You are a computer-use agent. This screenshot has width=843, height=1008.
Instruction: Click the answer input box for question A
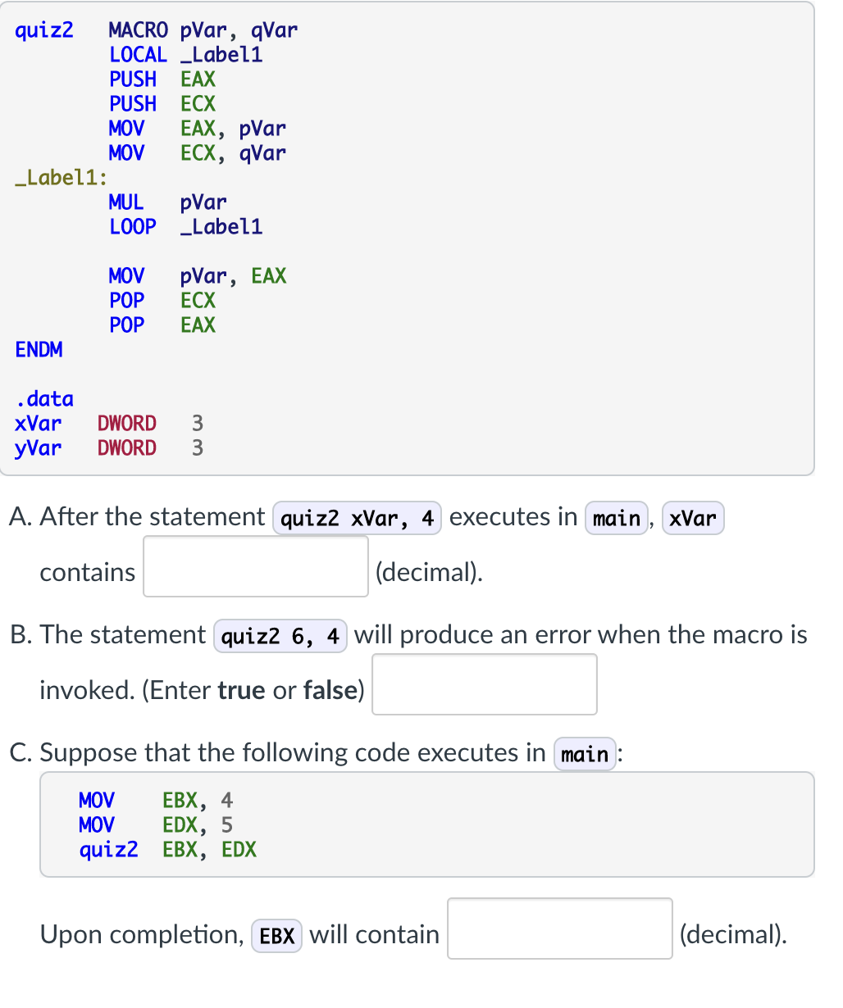pos(256,566)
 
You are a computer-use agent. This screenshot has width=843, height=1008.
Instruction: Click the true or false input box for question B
pos(484,684)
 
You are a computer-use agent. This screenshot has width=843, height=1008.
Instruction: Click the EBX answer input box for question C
pos(559,929)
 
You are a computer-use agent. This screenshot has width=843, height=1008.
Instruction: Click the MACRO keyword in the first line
pos(138,30)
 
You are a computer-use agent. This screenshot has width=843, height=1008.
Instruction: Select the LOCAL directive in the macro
pos(138,55)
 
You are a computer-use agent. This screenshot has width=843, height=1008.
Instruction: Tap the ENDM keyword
pos(39,350)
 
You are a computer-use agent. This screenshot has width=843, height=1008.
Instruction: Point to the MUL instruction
pos(126,202)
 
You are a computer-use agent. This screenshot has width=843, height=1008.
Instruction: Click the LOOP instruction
pos(132,227)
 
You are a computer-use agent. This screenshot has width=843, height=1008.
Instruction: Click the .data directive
pos(44,399)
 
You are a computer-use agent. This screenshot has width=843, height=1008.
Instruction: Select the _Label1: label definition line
pos(62,178)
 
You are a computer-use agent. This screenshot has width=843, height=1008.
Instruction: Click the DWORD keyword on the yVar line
pos(126,448)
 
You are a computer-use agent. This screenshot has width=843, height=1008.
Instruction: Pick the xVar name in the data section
pos(38,424)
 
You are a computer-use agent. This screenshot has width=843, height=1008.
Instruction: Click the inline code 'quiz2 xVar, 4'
pos(357,518)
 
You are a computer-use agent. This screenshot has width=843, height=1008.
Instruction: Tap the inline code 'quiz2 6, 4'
pos(280,636)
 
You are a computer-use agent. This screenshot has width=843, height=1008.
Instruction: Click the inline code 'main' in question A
pos(616,518)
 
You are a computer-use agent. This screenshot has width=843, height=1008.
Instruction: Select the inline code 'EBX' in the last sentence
pos(276,935)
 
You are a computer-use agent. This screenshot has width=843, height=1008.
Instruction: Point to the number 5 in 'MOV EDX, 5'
pos(227,824)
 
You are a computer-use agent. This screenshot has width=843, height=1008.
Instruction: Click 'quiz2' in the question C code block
pos(108,849)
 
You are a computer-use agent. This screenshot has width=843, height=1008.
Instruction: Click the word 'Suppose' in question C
pos(89,752)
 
